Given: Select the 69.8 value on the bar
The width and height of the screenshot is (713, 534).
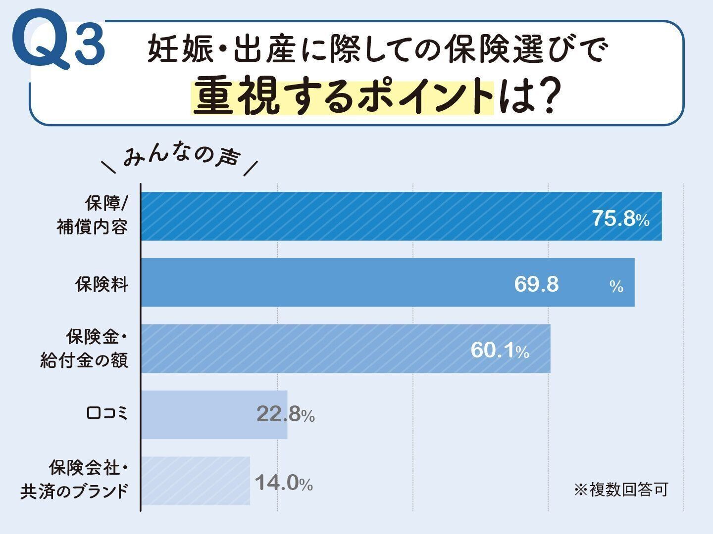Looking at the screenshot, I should click(536, 284).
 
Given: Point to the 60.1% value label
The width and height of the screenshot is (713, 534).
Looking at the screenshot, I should click(500, 351).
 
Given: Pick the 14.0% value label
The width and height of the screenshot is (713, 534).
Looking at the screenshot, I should click(284, 483).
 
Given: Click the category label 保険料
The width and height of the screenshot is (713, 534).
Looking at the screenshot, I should click(102, 284).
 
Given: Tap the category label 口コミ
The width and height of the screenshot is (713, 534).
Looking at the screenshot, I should click(107, 413).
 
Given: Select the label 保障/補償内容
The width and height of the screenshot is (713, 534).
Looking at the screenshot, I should click(93, 216).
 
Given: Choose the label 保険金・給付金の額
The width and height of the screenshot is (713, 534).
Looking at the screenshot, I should click(85, 349).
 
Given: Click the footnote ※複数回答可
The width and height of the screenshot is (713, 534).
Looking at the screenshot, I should click(621, 489).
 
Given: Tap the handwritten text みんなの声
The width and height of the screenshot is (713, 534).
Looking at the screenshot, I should click(181, 159).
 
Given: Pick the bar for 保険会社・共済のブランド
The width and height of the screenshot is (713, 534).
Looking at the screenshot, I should click(196, 481).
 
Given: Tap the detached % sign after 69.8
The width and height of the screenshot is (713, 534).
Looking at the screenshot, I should click(616, 286).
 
